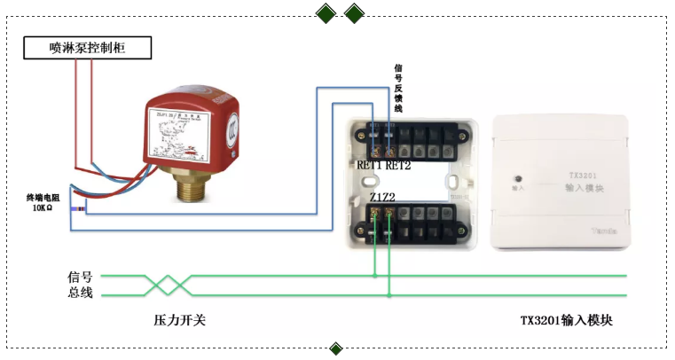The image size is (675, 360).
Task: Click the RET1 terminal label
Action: (369, 165)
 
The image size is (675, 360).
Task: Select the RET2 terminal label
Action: (398, 165)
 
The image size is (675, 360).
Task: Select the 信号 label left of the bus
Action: (80, 277)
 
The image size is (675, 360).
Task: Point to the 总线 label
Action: (80, 293)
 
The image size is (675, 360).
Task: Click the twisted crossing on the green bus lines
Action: (169, 285)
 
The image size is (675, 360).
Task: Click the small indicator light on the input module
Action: (518, 176)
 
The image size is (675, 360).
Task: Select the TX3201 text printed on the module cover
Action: (584, 176)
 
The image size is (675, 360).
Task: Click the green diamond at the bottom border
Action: (336, 348)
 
